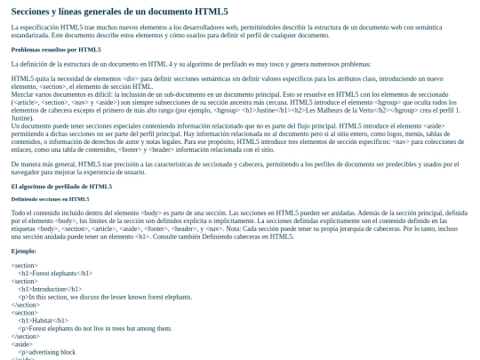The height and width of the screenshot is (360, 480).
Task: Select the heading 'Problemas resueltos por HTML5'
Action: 55,50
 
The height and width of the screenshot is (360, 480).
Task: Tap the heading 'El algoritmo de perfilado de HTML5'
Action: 61,187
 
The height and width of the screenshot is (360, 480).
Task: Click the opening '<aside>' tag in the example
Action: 24,344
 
